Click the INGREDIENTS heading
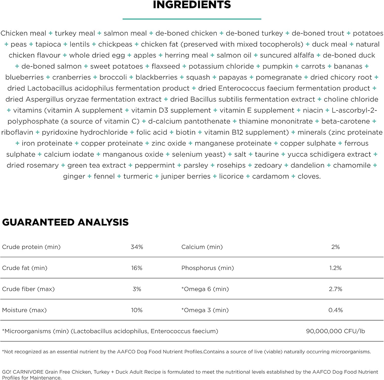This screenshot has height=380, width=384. point(192,5)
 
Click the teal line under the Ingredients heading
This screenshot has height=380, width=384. point(192,19)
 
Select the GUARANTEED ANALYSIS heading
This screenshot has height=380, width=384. point(65,222)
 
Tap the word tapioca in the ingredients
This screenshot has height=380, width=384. point(48,44)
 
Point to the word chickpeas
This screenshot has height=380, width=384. point(115,44)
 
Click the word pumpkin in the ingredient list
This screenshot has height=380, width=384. point(277,66)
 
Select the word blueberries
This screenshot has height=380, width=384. point(25,77)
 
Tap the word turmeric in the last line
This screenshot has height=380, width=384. point(138,176)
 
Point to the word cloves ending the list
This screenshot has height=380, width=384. point(309,176)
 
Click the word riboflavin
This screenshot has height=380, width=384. point(17,132)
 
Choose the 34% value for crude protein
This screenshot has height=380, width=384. point(137,247)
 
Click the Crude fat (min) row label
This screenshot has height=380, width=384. point(25,268)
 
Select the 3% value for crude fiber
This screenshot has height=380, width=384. point(137,289)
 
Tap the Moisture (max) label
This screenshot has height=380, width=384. point(24,310)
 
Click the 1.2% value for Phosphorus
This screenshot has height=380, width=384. point(335,268)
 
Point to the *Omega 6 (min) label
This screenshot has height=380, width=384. point(205,289)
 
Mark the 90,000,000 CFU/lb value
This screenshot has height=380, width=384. point(335,331)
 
